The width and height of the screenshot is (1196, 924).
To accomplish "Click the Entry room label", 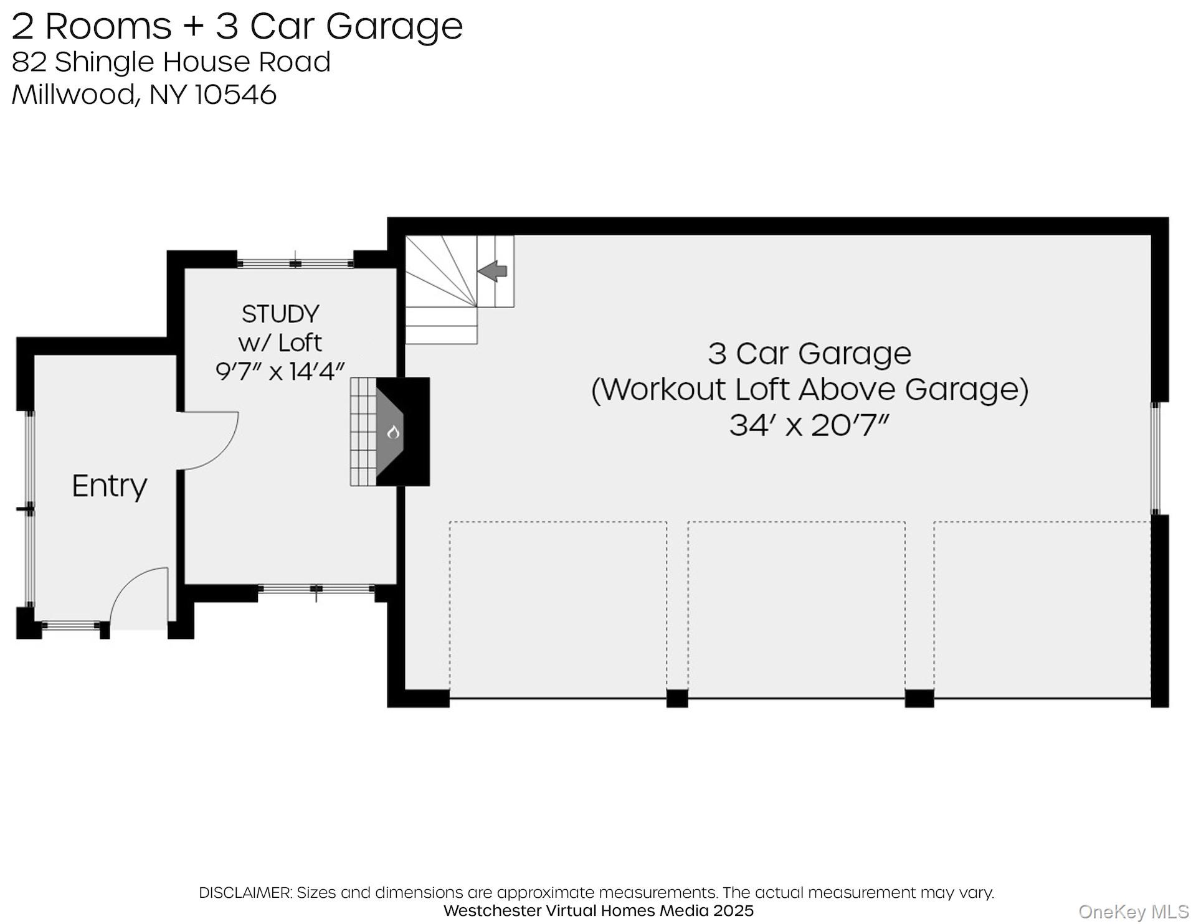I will pos(110,486).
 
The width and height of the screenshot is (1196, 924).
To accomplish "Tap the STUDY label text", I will pos(280,314).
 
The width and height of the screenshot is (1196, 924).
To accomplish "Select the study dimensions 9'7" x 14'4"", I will pos(280,372).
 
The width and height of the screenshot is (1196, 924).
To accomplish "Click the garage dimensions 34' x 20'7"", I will pos(809,426).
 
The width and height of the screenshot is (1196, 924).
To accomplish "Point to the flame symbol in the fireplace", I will pos(393,431).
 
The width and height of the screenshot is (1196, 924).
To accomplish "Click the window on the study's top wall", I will pos(295,264).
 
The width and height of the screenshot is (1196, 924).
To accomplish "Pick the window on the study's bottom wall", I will pos(316,588).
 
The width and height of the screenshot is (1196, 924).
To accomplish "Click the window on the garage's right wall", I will pos(1156,458).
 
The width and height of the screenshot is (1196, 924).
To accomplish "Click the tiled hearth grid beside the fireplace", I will pos(363,431).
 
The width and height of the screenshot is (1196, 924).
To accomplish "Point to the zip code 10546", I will pos(236,95).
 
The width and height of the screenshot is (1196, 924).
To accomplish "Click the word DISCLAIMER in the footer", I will pos(245,892).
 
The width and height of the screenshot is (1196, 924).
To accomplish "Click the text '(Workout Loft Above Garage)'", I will pos(809,390).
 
